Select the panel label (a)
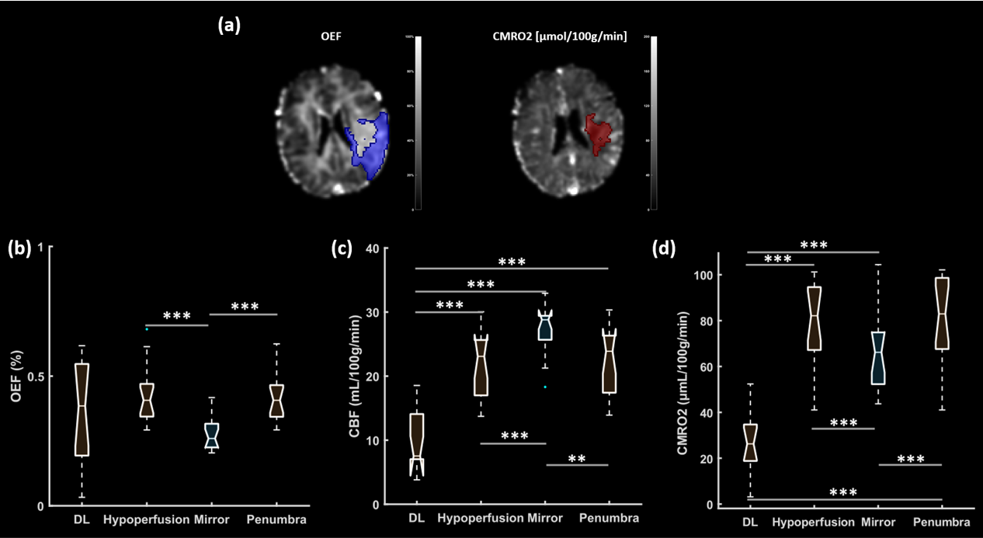(x=229, y=25)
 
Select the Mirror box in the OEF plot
(x=211, y=436)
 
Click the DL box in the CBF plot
(x=417, y=443)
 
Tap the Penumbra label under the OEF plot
(x=276, y=519)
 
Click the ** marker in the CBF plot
(x=577, y=459)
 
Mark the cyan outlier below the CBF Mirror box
(x=545, y=387)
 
